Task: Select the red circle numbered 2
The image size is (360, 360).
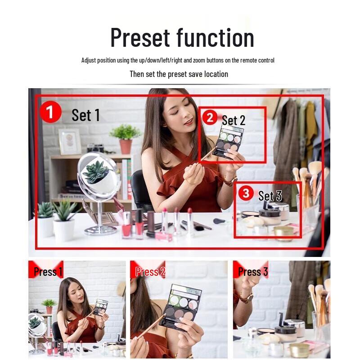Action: tap(210, 118)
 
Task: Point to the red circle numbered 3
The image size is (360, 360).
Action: tap(245, 193)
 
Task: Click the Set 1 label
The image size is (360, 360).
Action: tap(85, 115)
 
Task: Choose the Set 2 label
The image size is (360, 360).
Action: tap(234, 120)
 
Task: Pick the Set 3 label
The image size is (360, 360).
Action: tap(270, 196)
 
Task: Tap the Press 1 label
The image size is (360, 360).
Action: tap(48, 272)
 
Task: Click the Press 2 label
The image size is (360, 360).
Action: tap(150, 272)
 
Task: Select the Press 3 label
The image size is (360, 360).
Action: tap(252, 272)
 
